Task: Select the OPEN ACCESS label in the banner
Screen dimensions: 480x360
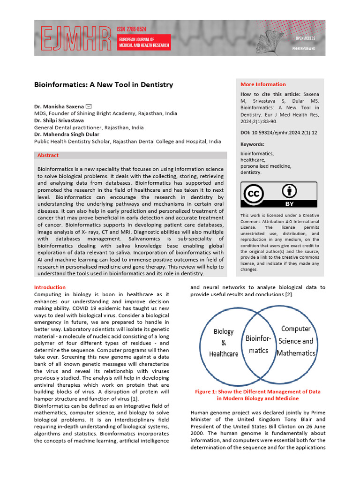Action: [305, 38]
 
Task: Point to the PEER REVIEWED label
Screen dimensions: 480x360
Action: [304, 48]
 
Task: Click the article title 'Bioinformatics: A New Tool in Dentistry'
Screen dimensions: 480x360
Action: [104, 85]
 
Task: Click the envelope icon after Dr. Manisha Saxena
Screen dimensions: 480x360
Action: [89, 106]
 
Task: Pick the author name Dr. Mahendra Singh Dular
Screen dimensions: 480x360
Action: [67, 134]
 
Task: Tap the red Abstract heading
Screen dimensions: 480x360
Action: [48, 155]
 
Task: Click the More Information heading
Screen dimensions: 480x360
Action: [263, 84]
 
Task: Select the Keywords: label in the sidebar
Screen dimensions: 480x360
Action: [252, 144]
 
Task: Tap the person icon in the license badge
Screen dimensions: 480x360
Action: [289, 191]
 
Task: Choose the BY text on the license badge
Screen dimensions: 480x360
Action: [289, 204]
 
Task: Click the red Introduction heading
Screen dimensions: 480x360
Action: [50, 287]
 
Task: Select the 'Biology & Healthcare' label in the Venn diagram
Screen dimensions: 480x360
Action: [223, 343]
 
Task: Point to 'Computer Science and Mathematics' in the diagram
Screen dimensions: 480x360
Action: [295, 341]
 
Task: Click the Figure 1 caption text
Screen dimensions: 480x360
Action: [257, 395]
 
